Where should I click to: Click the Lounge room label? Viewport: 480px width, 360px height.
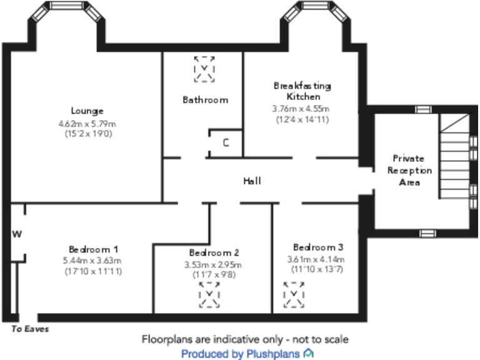pos(87,111)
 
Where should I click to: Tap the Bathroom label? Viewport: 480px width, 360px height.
pos(205,99)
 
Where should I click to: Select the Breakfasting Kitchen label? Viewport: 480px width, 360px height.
pos(302,91)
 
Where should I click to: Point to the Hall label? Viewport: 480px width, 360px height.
pos(252,181)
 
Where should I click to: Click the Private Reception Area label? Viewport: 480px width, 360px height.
pos(409,170)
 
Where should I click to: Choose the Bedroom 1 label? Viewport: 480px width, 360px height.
pos(93,248)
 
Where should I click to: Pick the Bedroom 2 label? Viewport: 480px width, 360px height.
pos(214,253)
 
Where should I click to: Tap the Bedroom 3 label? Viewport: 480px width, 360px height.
pos(317,247)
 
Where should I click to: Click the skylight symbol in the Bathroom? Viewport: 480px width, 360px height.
pos(204,69)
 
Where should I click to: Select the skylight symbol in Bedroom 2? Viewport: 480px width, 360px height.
pos(209,294)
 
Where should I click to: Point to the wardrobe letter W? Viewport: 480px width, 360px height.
pos(17,234)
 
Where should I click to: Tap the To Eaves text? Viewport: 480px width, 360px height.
pos(30,329)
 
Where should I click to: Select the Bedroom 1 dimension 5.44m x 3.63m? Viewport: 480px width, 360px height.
pos(93,261)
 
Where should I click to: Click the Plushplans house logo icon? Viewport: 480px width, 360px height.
pos(309,354)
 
